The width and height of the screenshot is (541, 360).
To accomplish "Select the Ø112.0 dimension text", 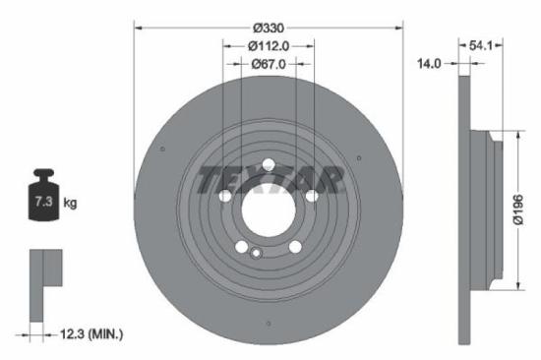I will click(269, 44).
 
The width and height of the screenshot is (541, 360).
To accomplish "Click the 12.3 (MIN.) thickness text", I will click(90, 335).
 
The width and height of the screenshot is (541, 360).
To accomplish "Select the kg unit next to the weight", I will click(70, 203).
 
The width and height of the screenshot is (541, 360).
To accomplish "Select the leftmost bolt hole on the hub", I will click(225, 197).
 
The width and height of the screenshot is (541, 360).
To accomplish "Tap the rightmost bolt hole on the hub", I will click(312, 197).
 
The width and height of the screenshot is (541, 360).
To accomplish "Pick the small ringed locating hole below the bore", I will click(257, 254).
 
